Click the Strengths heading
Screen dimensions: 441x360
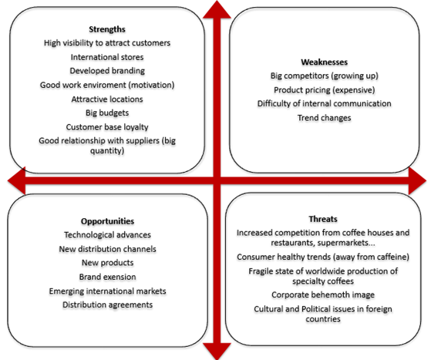click(x=107, y=29)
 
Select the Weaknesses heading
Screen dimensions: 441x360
click(x=325, y=62)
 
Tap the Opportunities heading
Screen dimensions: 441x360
click(x=107, y=221)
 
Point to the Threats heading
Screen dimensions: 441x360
click(x=323, y=219)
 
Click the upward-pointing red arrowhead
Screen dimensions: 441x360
click(x=217, y=10)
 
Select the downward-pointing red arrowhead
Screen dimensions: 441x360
click(x=217, y=351)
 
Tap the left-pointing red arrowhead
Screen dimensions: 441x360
click(x=17, y=180)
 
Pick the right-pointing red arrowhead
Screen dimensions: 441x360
click(x=417, y=180)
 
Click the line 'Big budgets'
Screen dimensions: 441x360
click(x=107, y=113)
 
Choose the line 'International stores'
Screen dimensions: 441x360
click(x=107, y=57)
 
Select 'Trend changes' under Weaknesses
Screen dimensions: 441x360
click(x=325, y=118)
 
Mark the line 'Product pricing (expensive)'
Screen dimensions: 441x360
click(x=325, y=90)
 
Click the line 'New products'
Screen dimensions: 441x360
click(x=107, y=263)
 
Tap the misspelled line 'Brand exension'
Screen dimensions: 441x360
click(x=107, y=277)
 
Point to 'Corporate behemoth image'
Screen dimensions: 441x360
click(x=323, y=294)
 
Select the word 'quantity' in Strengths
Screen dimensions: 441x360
click(x=106, y=151)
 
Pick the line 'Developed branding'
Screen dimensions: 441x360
click(x=107, y=71)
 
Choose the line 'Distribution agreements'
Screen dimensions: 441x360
click(x=107, y=304)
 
